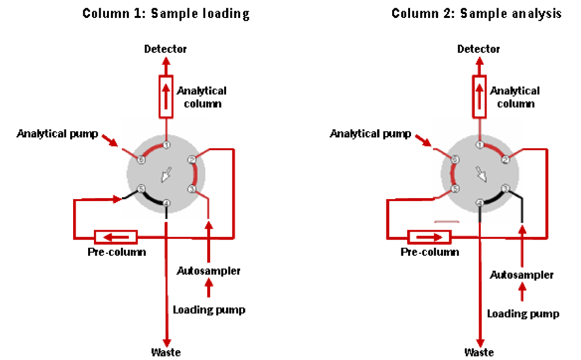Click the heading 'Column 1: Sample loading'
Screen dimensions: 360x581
[166, 13]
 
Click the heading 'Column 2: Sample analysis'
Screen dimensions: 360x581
[476, 13]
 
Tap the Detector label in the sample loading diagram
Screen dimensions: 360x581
[166, 49]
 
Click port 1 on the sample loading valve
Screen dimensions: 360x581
[166, 145]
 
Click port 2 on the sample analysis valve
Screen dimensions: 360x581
[505, 159]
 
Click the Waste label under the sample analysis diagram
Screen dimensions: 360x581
[479, 352]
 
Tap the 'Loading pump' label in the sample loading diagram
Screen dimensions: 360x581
[209, 310]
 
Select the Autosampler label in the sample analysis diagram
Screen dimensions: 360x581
[521, 275]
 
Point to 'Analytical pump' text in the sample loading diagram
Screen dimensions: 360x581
[58, 133]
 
